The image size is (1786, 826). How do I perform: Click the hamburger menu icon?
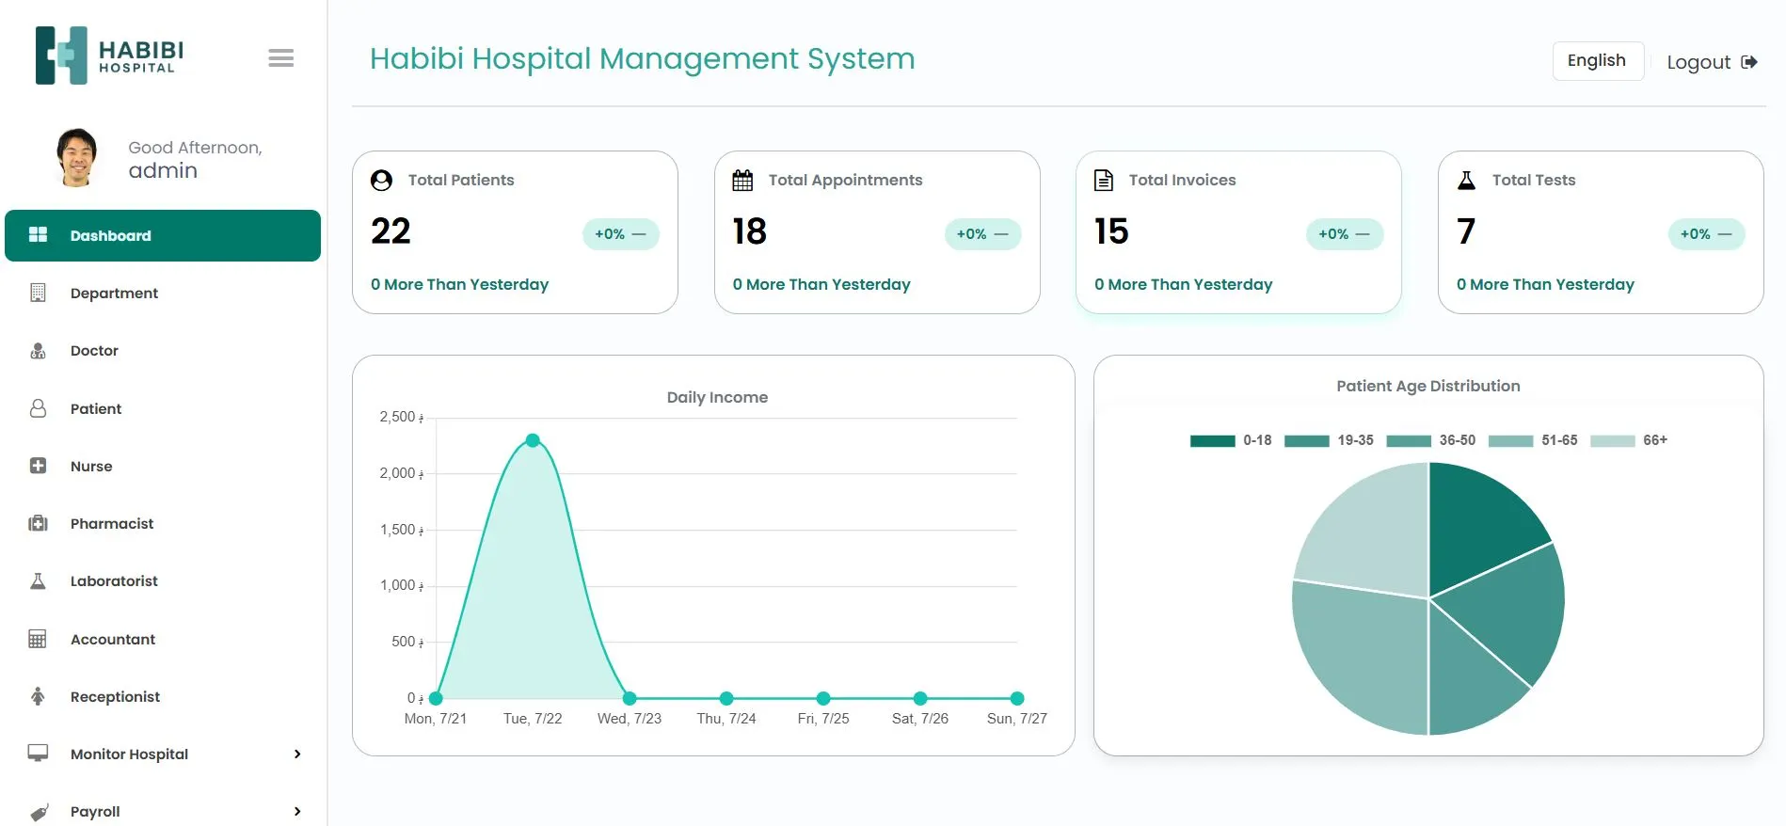tap(280, 58)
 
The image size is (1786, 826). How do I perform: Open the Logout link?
tap(1711, 62)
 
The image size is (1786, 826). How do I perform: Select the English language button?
tap(1597, 60)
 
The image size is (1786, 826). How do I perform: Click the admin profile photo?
tap(76, 157)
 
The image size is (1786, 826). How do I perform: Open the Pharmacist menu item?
tap(111, 524)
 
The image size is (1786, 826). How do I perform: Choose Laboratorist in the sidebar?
tap(114, 581)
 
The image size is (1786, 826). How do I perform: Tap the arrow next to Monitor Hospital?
tap(297, 755)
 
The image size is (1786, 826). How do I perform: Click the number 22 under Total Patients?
tap(391, 231)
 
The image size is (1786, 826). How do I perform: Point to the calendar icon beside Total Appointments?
tap(742, 181)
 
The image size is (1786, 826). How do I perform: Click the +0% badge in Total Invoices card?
tap(1344, 234)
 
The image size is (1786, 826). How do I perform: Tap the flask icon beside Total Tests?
tap(1466, 181)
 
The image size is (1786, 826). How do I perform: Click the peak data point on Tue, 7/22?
tap(533, 440)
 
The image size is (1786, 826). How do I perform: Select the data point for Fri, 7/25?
tap(823, 698)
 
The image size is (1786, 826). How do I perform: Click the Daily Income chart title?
tap(717, 397)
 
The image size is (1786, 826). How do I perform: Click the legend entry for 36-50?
tap(1431, 440)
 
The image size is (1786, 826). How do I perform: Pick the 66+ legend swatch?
tap(1612, 440)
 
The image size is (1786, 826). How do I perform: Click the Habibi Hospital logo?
tap(109, 56)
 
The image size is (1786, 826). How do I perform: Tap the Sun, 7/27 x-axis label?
tap(1016, 719)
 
